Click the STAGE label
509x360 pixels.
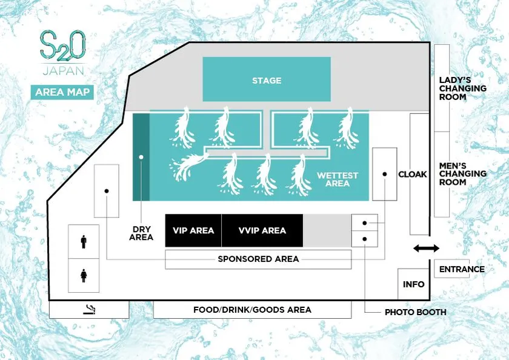click(267, 81)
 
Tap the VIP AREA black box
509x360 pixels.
click(193, 230)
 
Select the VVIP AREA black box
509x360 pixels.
click(262, 230)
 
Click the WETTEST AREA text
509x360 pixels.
click(338, 179)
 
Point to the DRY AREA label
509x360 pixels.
click(141, 233)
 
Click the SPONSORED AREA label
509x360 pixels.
click(258, 259)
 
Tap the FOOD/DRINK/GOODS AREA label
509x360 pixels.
click(252, 310)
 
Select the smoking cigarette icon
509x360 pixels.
click(89, 310)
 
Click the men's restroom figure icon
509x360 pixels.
click(84, 242)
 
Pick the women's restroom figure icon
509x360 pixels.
click(84, 276)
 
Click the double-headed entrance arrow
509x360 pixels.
click(426, 248)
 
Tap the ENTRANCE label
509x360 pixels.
click(462, 269)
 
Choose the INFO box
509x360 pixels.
click(413, 284)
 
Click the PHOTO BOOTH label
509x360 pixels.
click(416, 312)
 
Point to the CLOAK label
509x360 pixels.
click(413, 175)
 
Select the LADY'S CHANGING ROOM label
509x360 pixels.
click(462, 88)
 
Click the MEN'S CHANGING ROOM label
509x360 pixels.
click(462, 174)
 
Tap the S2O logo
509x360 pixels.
click(62, 45)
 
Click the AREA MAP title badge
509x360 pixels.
click(62, 92)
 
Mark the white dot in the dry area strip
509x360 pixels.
click(141, 157)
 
